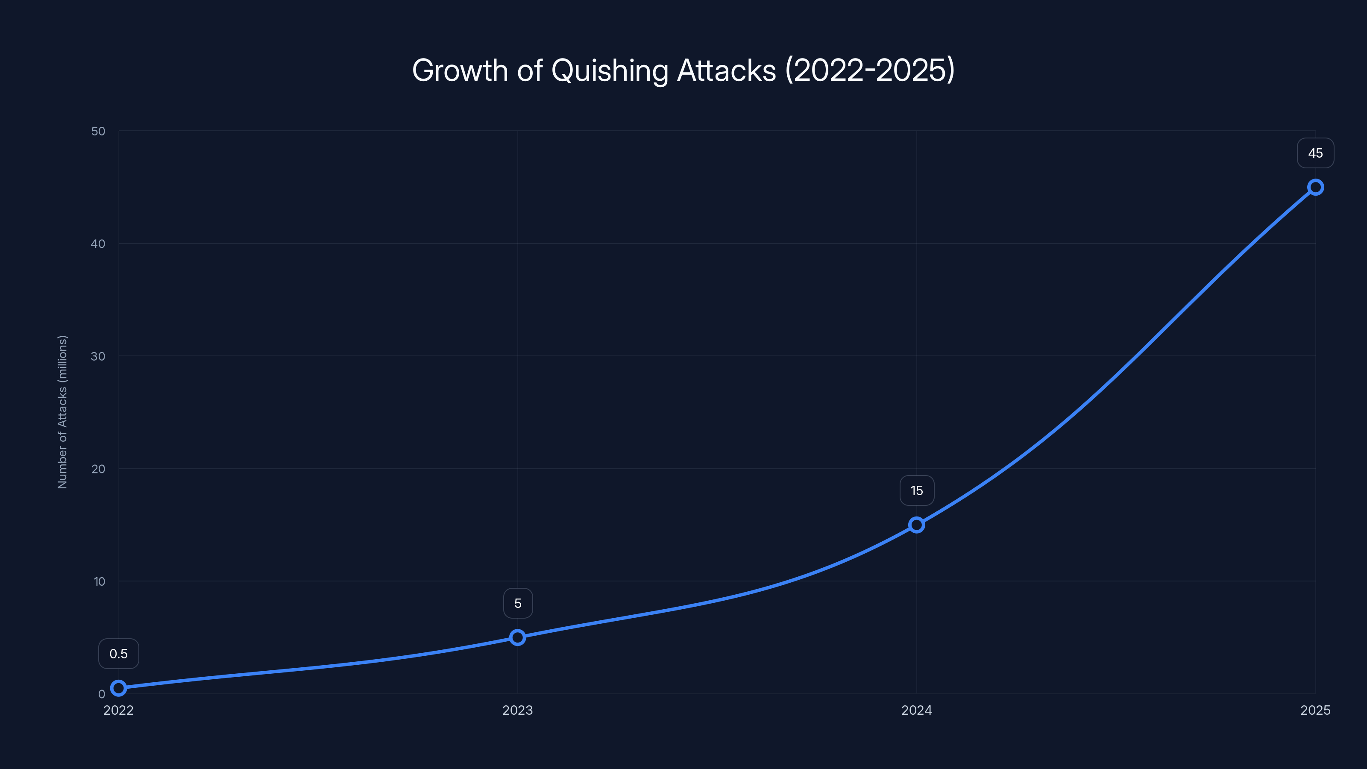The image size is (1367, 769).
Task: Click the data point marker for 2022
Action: [x=118, y=688]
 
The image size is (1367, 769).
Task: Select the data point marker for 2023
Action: [x=517, y=637]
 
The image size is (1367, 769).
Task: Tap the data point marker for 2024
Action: [x=916, y=525]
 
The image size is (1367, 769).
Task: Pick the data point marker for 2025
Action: [x=1316, y=188]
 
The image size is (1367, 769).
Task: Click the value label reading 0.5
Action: [x=118, y=654]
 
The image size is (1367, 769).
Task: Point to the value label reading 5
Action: [x=518, y=603]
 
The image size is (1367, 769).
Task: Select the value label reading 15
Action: [x=916, y=491]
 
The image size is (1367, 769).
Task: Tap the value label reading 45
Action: [x=1316, y=153]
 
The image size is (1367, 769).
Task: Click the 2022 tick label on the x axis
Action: [x=118, y=710]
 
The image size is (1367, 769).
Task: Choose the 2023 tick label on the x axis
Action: [x=517, y=710]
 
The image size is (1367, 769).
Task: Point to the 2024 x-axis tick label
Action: [x=916, y=710]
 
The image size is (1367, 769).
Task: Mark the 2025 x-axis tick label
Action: [x=1316, y=710]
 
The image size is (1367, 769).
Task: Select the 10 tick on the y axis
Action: [x=99, y=581]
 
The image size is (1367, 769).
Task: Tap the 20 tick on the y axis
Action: [x=98, y=469]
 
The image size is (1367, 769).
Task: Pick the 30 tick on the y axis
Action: [x=98, y=357]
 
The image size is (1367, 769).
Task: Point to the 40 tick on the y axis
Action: [x=98, y=244]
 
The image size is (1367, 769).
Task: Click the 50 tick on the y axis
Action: [x=98, y=131]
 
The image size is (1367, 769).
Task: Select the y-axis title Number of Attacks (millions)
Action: [x=63, y=412]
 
